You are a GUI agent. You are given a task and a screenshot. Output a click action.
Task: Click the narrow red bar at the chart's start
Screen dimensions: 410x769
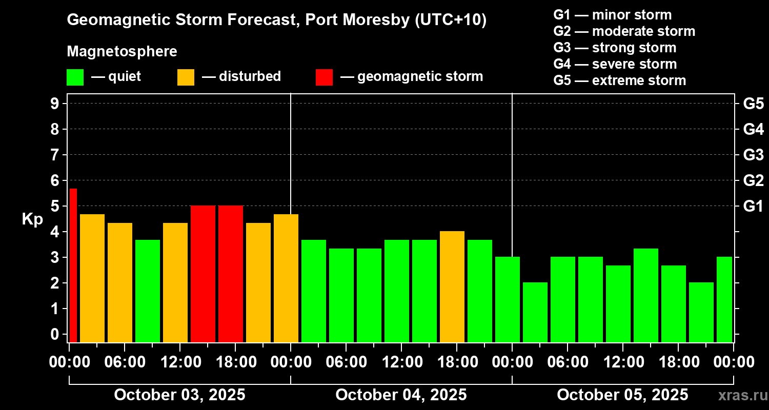[73, 265]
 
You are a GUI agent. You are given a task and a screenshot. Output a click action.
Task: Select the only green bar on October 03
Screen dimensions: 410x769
[148, 291]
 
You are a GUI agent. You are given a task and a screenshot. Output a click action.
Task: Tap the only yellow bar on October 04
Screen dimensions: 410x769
[452, 286]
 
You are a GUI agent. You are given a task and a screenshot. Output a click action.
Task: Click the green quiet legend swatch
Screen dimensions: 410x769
[75, 77]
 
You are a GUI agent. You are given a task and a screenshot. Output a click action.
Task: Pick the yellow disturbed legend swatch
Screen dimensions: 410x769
[186, 77]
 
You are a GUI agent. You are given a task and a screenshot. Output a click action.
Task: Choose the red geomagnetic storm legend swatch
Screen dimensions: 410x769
[324, 77]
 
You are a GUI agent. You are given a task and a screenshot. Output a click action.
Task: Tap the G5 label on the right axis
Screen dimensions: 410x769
[753, 104]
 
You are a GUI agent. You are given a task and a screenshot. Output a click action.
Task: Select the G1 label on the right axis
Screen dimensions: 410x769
[753, 207]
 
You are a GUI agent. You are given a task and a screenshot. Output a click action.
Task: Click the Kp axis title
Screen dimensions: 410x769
[32, 219]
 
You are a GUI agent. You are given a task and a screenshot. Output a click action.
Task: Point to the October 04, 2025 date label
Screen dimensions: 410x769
[401, 395]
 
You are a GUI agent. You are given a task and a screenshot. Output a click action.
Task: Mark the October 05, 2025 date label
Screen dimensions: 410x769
[622, 395]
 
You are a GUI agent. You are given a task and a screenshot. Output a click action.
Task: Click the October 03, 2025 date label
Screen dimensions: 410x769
[179, 395]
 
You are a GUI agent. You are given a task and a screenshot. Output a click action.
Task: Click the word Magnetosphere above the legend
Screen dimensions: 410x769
[122, 52]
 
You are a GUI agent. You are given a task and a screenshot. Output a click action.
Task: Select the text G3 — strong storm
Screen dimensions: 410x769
[615, 48]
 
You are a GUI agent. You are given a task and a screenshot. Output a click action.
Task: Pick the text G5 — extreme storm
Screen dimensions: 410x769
[619, 80]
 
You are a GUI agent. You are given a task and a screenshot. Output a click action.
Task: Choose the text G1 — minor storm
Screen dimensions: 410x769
[612, 15]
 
